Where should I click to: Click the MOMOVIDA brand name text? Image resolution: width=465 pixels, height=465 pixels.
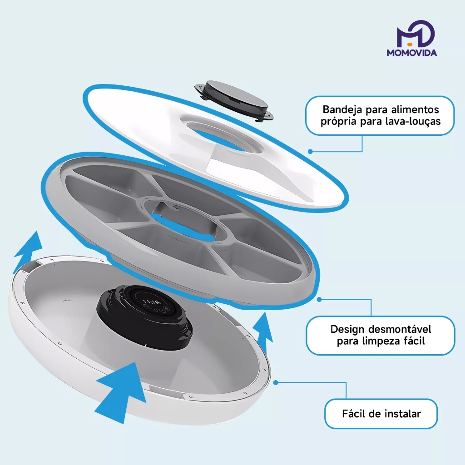point(411,53)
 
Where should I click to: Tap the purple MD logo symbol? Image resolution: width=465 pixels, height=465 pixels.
point(416,34)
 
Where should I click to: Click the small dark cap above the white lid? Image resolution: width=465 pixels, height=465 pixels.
point(234,100)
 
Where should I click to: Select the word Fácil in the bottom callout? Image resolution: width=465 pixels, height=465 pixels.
point(354,413)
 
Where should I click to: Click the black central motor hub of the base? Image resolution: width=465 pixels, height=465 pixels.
point(144,317)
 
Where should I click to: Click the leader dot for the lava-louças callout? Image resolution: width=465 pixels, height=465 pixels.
point(310,151)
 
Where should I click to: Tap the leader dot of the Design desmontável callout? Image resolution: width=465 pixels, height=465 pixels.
point(319,300)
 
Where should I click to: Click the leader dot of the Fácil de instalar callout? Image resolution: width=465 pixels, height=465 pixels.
point(276,382)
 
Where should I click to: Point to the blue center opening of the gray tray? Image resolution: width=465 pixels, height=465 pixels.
point(182,224)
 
